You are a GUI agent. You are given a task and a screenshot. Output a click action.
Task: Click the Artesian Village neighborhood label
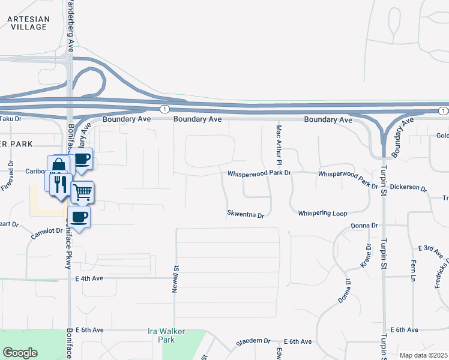28,23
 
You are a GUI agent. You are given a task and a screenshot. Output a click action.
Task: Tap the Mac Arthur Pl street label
279,145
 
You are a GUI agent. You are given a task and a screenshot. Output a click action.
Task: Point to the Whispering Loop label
322,213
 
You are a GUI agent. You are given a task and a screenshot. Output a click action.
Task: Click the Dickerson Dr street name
408,188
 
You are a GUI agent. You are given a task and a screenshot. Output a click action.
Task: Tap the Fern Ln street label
413,270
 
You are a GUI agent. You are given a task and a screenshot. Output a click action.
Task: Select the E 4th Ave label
89,278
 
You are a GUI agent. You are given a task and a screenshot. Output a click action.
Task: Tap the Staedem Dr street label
253,341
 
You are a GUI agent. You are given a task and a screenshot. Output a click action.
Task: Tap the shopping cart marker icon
82,192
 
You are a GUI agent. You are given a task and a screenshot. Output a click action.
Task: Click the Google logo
20,353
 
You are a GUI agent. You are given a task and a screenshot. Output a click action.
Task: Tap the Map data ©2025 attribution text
424,355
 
